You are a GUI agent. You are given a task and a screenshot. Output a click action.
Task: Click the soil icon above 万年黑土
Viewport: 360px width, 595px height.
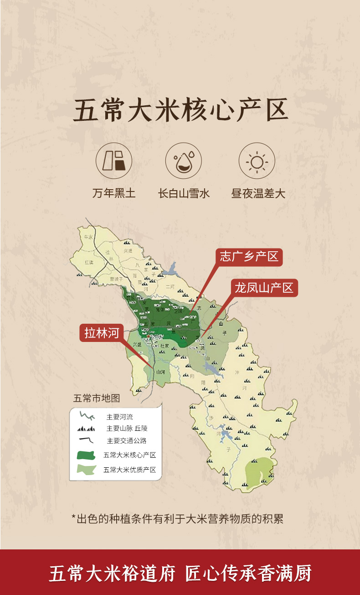(114, 161)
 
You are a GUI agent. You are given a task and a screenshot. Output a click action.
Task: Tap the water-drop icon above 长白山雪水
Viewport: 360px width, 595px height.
(183, 161)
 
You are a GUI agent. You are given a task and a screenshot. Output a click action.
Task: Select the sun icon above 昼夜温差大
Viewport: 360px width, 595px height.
(257, 161)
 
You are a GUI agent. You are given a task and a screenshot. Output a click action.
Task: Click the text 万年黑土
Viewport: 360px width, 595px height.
(114, 193)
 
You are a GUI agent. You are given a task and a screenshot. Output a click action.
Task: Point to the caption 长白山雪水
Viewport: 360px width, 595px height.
(184, 193)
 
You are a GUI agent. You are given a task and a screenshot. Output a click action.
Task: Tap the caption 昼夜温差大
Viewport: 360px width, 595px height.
(258, 193)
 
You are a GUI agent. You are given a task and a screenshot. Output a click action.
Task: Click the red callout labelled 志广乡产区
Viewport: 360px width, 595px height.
(249, 257)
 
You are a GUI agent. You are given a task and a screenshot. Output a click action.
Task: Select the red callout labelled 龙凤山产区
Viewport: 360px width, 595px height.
(264, 288)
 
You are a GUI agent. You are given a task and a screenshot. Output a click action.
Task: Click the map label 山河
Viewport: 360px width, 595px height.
(160, 372)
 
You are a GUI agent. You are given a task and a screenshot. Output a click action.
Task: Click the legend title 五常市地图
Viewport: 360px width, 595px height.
(96, 398)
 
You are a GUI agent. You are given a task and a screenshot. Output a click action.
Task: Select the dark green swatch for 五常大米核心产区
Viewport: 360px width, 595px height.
(87, 455)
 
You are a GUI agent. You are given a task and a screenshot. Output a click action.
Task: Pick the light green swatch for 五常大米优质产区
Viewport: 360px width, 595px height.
(87, 469)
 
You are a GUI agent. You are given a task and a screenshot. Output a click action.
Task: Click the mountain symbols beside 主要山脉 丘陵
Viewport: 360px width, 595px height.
(87, 429)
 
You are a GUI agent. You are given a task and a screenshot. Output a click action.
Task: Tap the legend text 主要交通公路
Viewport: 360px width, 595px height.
(126, 441)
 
